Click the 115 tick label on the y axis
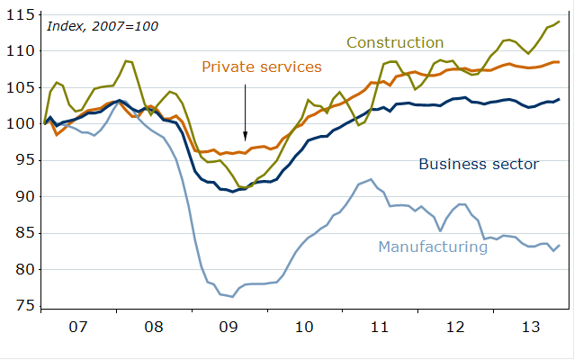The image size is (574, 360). click(x=21, y=14)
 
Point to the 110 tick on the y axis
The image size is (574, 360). click(x=21, y=51)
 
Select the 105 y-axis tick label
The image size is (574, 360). click(x=21, y=87)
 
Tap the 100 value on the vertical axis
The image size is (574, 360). click(x=21, y=124)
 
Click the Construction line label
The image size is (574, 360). click(x=395, y=42)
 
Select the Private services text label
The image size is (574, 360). click(x=262, y=67)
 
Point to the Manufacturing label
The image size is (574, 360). click(x=433, y=246)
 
